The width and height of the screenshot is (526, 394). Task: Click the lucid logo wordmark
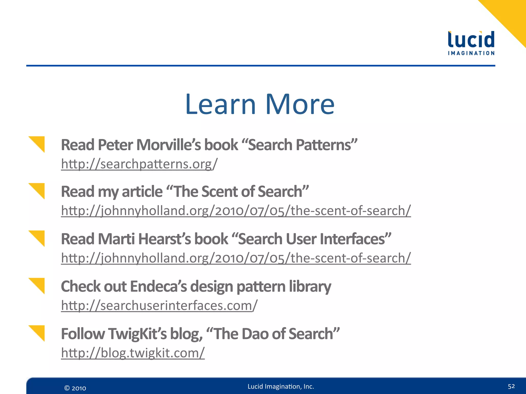tap(471, 40)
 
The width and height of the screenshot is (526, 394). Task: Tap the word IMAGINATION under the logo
tap(471, 53)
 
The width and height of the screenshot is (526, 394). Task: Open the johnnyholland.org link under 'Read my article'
tap(236, 211)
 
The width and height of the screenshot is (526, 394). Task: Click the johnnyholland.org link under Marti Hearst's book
tap(236, 258)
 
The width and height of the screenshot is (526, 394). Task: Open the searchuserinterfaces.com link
tap(159, 306)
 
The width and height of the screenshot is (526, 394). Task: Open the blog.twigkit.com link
tap(133, 353)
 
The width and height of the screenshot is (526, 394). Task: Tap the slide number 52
tap(511, 386)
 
